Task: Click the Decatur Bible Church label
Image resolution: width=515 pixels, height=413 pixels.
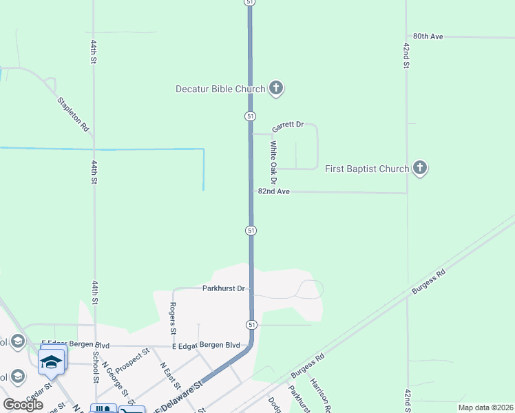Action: coord(220,89)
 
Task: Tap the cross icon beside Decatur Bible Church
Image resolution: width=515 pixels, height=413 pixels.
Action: coord(276,88)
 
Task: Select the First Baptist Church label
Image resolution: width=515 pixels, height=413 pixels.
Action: coord(367,169)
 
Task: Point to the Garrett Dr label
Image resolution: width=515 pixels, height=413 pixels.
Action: coord(288,126)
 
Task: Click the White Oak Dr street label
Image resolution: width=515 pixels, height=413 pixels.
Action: coord(273,162)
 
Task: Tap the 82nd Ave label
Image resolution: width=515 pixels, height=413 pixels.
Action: coord(273,191)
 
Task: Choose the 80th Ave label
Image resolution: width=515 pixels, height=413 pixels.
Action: coord(428,36)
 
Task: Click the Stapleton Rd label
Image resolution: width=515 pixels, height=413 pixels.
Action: coord(74,114)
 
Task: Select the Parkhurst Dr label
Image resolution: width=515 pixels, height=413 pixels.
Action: coord(224,288)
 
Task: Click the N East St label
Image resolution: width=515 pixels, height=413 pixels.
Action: coord(169,376)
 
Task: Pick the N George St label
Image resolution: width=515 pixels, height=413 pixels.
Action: coord(116,379)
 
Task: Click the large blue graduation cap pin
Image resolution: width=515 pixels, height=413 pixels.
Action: coord(52,361)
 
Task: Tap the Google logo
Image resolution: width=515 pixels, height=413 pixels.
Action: coord(23,405)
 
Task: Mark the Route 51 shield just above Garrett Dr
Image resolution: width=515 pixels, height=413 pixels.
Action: coord(250,116)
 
